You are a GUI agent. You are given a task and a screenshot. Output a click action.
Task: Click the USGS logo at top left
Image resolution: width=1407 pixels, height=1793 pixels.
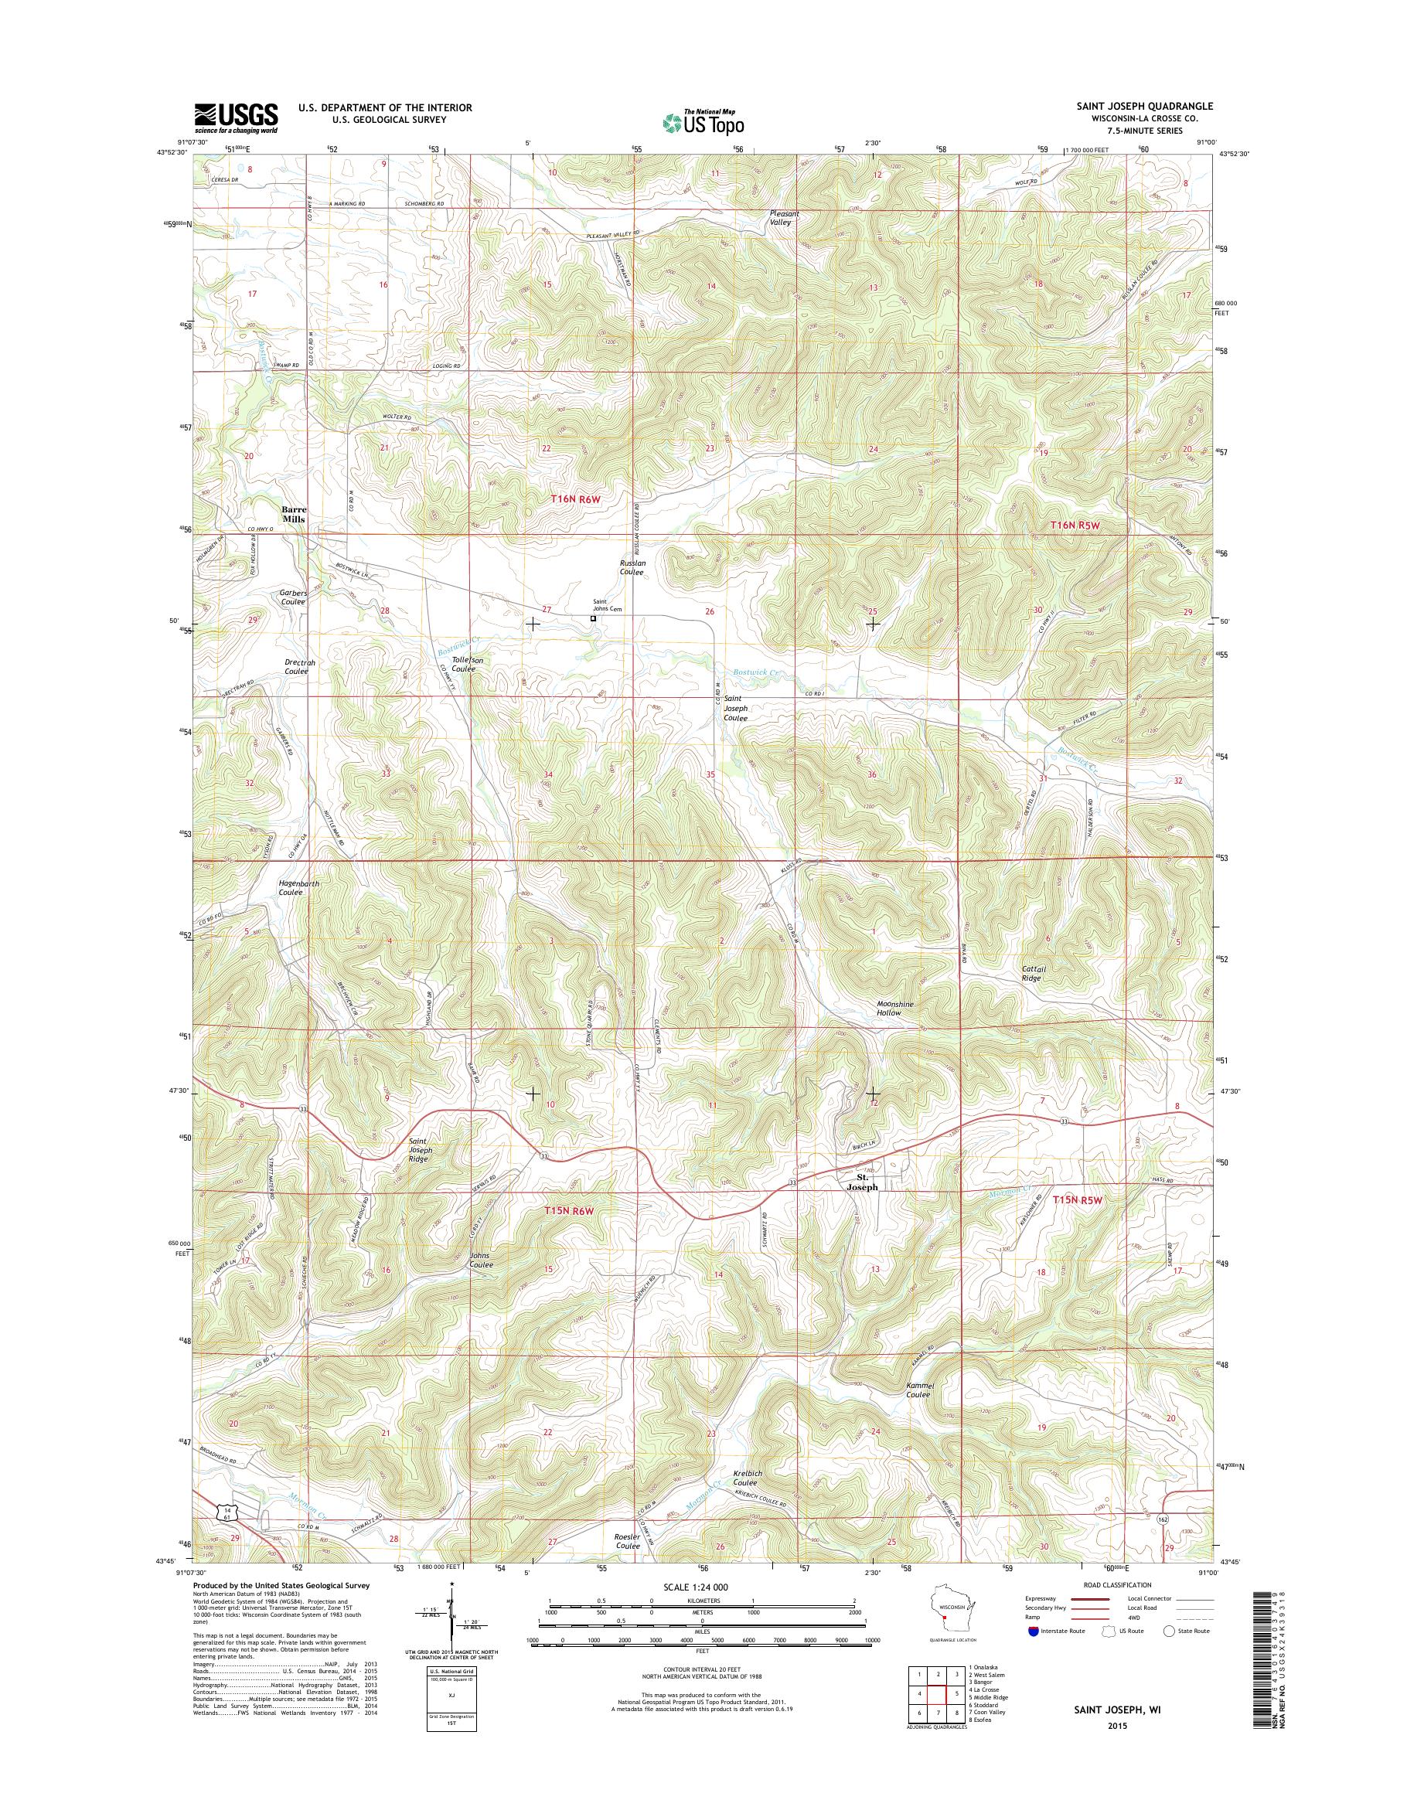236,117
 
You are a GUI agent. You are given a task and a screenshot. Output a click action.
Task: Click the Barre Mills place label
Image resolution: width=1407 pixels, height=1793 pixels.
293,514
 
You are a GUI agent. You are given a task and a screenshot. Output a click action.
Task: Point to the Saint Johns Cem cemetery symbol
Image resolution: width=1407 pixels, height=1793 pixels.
593,618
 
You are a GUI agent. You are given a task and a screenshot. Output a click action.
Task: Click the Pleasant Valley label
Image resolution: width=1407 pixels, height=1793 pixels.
783,217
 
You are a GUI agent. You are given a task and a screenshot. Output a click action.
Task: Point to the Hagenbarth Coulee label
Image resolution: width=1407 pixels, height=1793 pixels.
299,887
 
